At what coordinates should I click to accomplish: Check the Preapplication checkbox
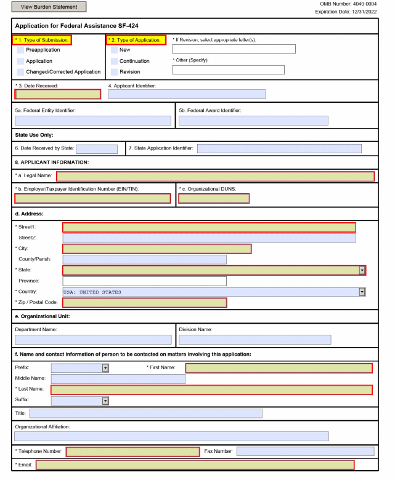pos(21,50)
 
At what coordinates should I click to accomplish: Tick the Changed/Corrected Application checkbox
pos(21,72)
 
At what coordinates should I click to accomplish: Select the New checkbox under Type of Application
pos(115,50)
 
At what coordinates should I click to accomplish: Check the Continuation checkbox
pos(115,62)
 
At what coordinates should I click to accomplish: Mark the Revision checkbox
pos(115,72)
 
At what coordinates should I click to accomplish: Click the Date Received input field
pos(58,95)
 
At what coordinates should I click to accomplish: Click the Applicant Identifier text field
pos(187,95)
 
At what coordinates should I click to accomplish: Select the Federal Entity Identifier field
pos(93,121)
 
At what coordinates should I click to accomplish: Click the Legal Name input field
pos(215,177)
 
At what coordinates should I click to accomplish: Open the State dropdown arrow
pos(362,270)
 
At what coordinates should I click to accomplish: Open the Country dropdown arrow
pos(362,292)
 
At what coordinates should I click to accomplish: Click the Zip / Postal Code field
pos(145,303)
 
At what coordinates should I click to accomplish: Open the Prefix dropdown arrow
pos(105,368)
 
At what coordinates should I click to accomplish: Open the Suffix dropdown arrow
pos(105,401)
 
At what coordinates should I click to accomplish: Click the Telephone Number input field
pos(132,452)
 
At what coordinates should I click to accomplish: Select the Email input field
pos(195,465)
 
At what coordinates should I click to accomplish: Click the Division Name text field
pos(255,340)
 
